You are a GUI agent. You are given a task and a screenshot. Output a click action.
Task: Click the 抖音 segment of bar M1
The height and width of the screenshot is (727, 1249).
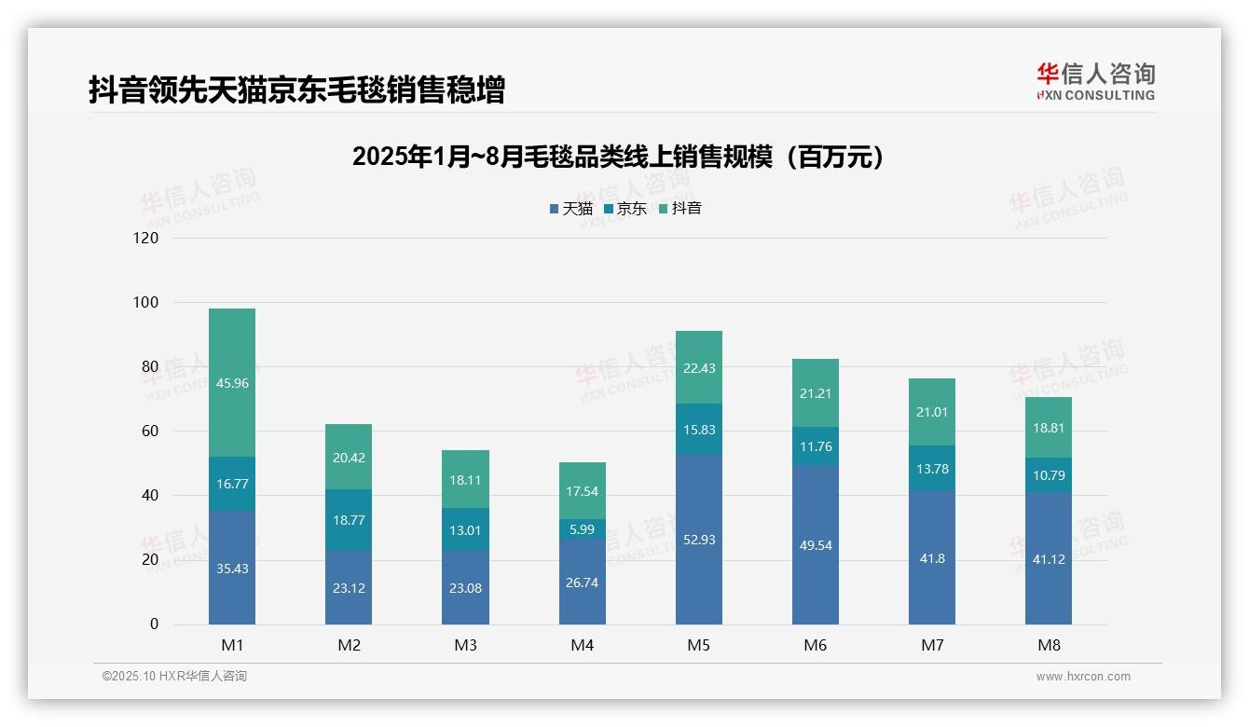click(232, 382)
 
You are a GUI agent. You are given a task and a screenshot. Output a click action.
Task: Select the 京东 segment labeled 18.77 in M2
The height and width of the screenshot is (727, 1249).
click(349, 519)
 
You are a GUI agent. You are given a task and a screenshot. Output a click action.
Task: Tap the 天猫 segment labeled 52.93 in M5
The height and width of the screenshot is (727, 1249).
click(699, 540)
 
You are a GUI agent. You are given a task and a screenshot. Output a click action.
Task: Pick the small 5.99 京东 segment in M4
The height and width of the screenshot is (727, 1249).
click(582, 528)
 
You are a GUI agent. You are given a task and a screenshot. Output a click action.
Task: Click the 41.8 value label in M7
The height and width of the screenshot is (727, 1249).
click(932, 558)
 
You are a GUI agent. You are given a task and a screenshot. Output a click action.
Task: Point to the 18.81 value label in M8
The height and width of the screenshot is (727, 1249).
click(1049, 428)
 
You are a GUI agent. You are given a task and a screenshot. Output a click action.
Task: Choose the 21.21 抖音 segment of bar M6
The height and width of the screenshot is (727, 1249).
click(816, 393)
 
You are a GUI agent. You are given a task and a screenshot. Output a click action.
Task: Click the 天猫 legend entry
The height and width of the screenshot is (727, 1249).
click(571, 209)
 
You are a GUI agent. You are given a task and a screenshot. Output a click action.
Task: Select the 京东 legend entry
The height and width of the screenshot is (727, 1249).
click(625, 209)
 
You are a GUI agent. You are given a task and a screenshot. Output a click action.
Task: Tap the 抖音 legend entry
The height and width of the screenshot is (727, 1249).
click(680, 209)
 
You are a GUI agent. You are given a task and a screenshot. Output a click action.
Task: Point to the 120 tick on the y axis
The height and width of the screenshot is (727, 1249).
click(146, 238)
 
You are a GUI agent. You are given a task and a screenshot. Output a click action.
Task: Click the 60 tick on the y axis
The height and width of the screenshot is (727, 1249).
click(149, 432)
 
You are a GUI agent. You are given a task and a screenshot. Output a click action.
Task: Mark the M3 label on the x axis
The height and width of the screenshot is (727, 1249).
click(465, 645)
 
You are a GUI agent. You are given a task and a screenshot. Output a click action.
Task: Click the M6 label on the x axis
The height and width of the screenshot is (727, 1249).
click(816, 645)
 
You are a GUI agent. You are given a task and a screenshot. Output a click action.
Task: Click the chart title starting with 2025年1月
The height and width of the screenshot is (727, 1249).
click(618, 157)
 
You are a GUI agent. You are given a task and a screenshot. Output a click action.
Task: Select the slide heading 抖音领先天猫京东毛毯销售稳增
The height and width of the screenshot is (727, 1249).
click(296, 90)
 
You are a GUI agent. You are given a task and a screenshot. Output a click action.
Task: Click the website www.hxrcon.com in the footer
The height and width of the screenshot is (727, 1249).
click(1083, 677)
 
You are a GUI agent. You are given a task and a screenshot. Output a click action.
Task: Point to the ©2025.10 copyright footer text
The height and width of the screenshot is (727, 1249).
click(174, 677)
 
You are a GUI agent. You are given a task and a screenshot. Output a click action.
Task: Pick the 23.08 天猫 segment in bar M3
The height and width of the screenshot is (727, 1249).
click(465, 587)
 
